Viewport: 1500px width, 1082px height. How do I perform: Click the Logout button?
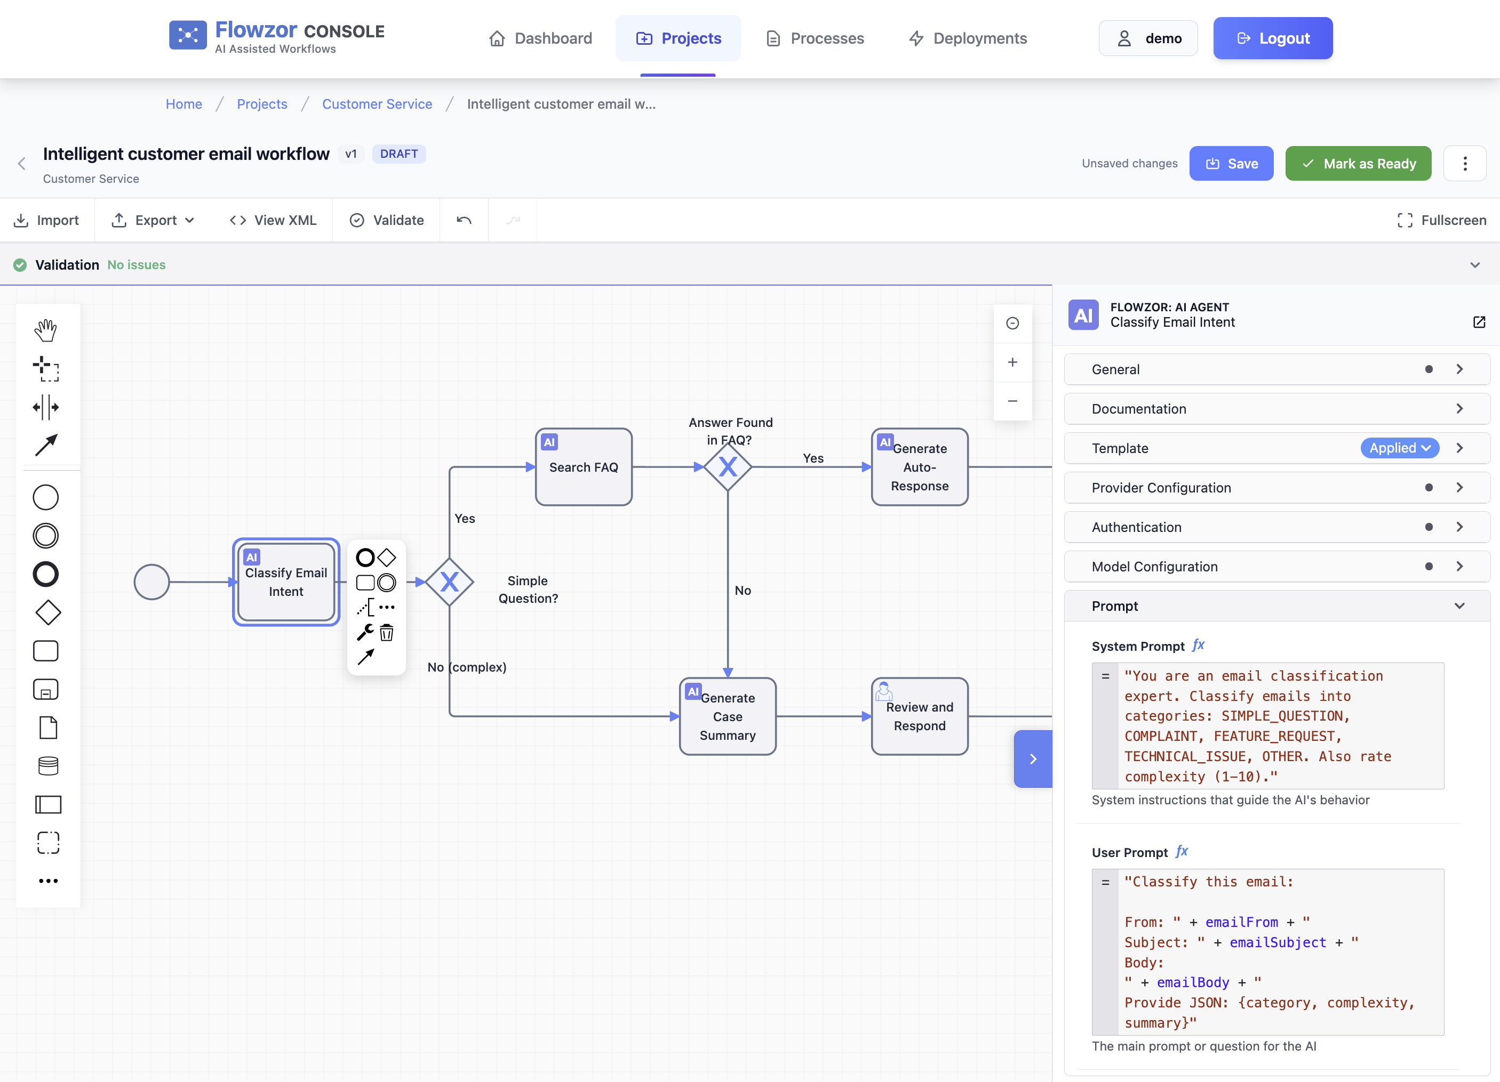(1272, 38)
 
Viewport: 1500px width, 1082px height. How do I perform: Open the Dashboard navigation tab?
(540, 38)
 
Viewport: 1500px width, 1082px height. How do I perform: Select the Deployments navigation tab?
(968, 38)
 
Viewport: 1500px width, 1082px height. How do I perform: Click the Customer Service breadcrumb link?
(377, 104)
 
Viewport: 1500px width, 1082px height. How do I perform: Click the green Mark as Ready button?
(1358, 163)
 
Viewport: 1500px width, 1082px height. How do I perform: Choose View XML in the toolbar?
(273, 220)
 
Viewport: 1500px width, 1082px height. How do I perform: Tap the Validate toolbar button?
(387, 220)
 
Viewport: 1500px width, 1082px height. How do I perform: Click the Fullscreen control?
(1441, 220)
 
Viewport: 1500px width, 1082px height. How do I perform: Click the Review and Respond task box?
(919, 716)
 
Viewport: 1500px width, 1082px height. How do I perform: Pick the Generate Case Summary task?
(728, 716)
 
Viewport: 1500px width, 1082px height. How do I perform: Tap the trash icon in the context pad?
(387, 633)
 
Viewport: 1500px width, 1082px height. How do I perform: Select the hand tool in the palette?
(46, 330)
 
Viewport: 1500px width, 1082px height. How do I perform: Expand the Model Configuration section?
(1276, 567)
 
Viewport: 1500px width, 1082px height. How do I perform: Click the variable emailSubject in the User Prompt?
(1277, 942)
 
